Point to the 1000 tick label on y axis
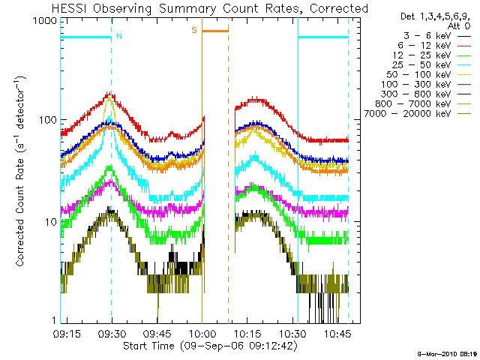coord(45,21)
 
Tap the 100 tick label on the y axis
coord(48,120)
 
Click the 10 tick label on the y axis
coord(51,222)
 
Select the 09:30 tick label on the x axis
coord(112,334)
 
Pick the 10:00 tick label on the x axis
coord(202,334)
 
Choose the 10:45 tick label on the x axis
coord(337,334)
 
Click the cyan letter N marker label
coord(119,36)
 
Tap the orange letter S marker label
coord(194,30)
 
